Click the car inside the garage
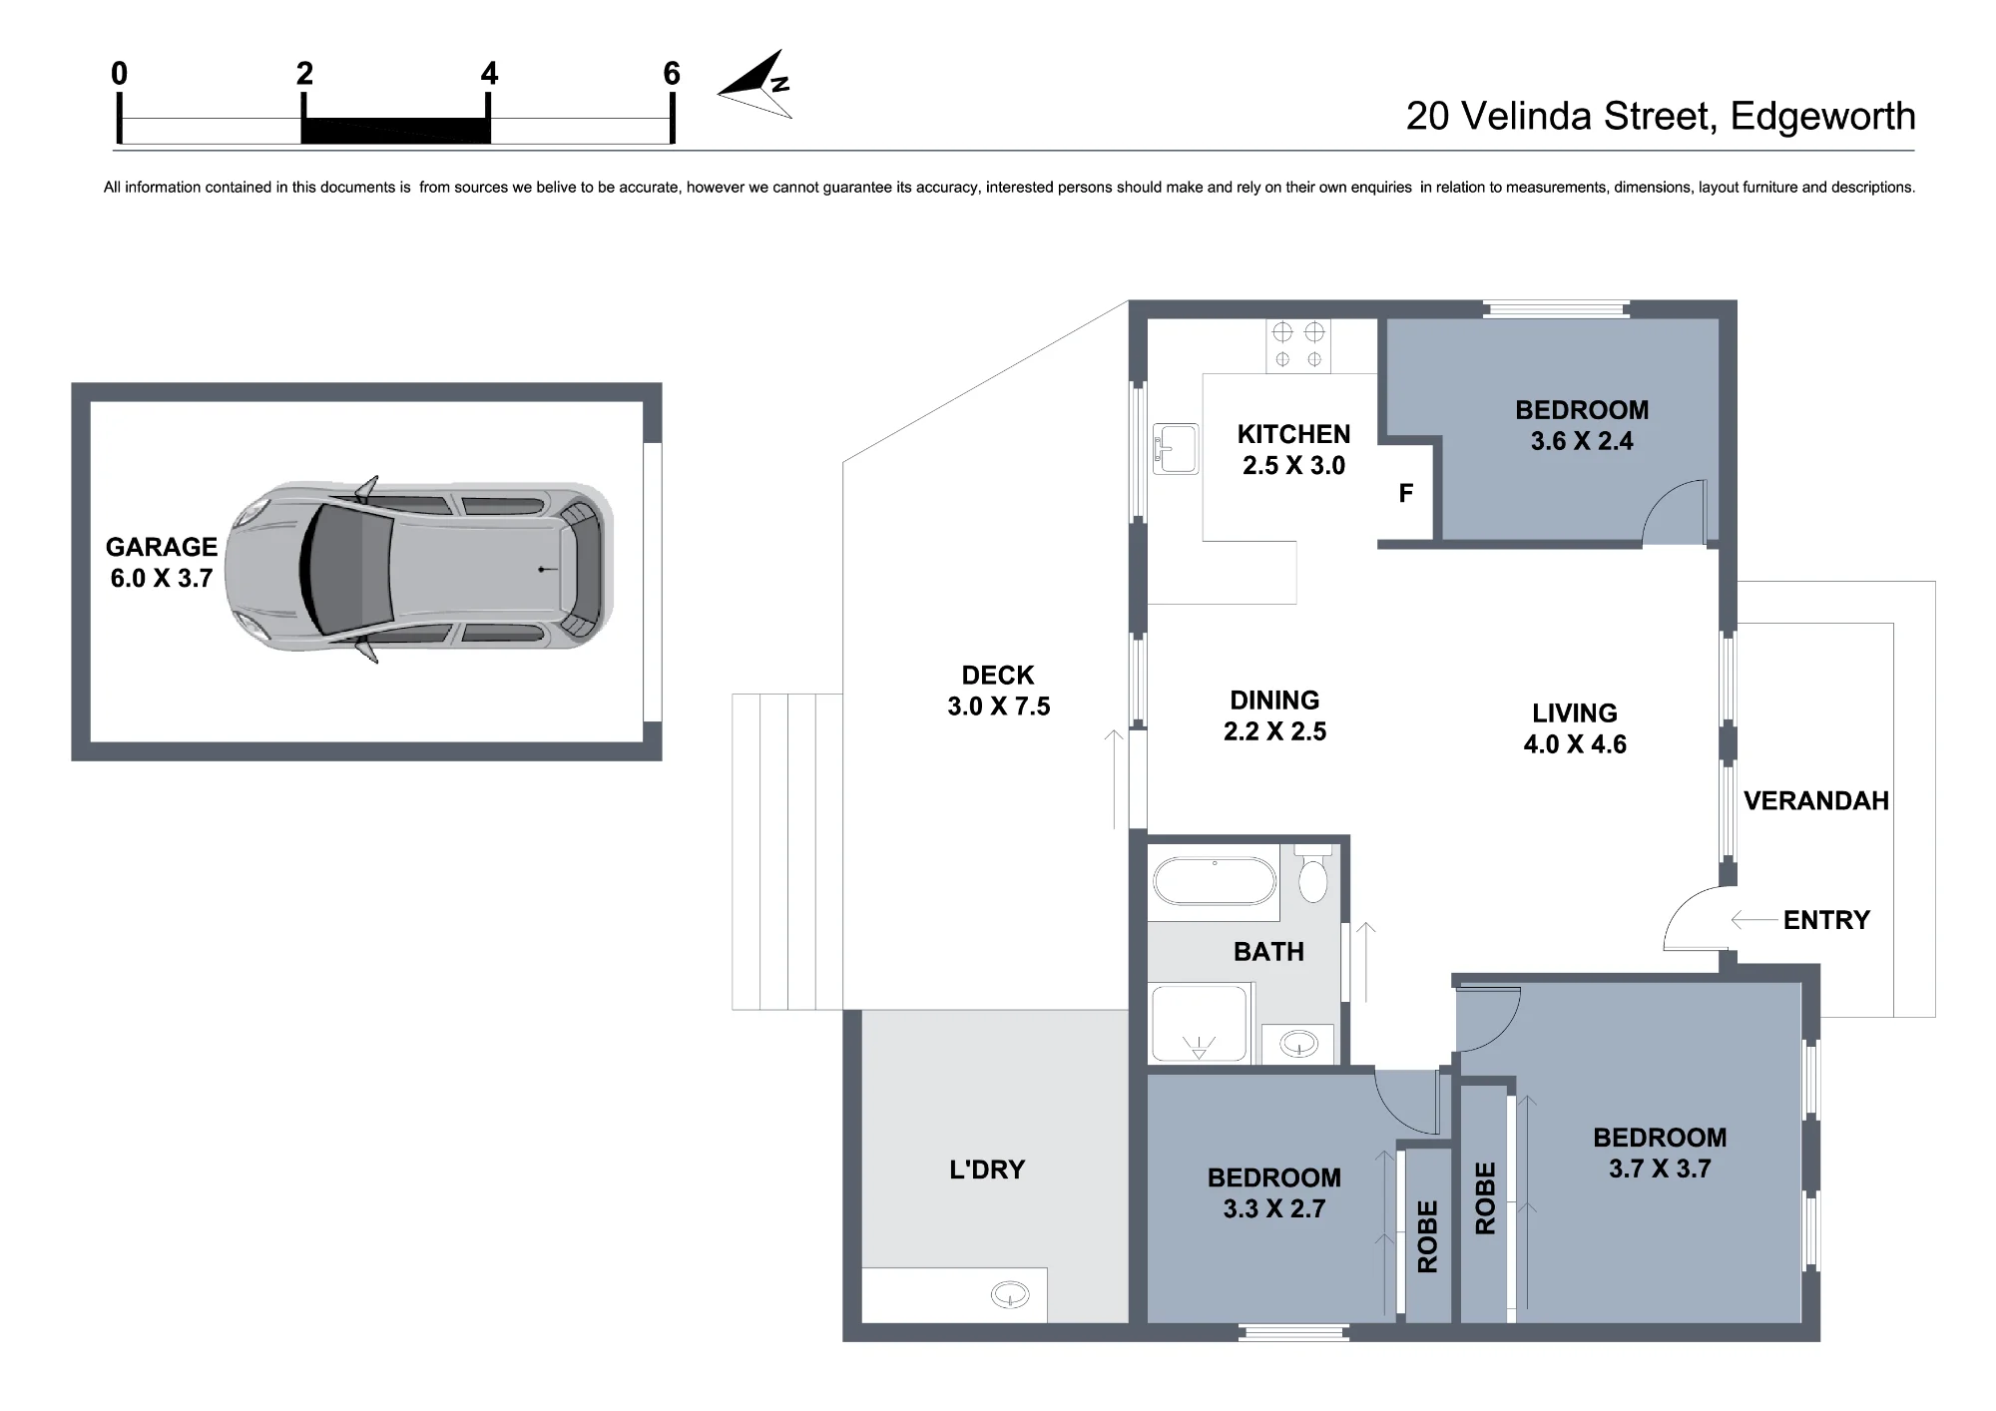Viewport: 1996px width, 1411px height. (x=419, y=569)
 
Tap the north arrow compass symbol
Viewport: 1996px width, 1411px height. (x=756, y=86)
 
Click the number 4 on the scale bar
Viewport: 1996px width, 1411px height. (x=489, y=73)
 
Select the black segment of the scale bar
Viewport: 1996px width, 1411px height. (x=395, y=131)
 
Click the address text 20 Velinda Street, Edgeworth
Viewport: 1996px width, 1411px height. (x=1661, y=117)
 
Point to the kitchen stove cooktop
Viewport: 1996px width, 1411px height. (x=1298, y=345)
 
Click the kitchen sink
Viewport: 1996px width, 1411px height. (x=1176, y=448)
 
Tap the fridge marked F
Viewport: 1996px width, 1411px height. (x=1405, y=493)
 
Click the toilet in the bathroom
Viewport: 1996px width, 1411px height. (x=1312, y=875)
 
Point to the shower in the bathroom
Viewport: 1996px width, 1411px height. (x=1200, y=1024)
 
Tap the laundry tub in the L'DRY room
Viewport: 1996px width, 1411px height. (x=1010, y=1295)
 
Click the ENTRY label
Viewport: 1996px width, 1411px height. (x=1826, y=920)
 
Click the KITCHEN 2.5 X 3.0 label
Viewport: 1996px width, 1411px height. (x=1293, y=450)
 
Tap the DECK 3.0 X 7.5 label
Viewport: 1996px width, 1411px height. (x=998, y=691)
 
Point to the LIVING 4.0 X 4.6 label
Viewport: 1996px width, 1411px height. (x=1575, y=728)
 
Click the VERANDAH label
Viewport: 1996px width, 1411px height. (x=1816, y=800)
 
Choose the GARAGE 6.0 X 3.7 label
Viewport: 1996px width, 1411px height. (x=162, y=562)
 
